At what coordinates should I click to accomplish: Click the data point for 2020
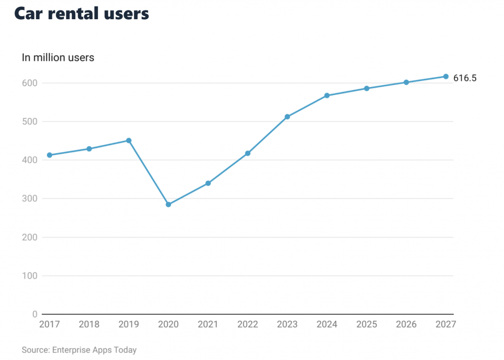[168, 204]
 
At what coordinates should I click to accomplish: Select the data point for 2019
[129, 141]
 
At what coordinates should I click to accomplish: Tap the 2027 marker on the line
[446, 76]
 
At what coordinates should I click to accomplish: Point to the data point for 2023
[287, 117]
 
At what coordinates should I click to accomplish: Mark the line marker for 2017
[50, 155]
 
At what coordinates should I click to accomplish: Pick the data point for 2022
[248, 153]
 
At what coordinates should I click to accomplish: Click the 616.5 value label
[465, 78]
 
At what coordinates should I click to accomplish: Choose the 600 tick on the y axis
[30, 83]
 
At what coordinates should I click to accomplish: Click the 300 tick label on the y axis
[30, 199]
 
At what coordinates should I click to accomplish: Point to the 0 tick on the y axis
[35, 314]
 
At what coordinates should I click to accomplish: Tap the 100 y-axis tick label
[30, 276]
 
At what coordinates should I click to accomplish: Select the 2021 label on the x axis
[208, 325]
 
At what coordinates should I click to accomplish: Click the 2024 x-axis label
[327, 325]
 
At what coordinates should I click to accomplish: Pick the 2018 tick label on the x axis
[89, 325]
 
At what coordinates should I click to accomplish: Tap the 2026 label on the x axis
[406, 325]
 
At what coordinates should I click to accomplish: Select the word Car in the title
[30, 14]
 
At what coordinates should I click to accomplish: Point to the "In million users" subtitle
[58, 58]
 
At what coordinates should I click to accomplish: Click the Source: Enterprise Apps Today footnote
[79, 350]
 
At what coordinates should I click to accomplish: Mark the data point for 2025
[367, 89]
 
